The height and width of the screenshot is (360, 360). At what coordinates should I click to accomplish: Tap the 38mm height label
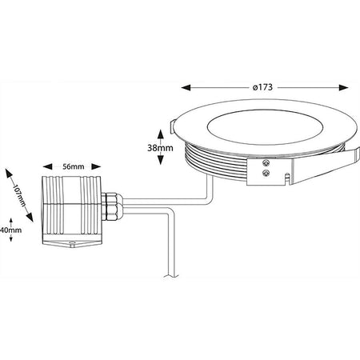click(x=162, y=148)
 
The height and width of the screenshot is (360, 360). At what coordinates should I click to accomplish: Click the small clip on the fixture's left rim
click(x=174, y=123)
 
